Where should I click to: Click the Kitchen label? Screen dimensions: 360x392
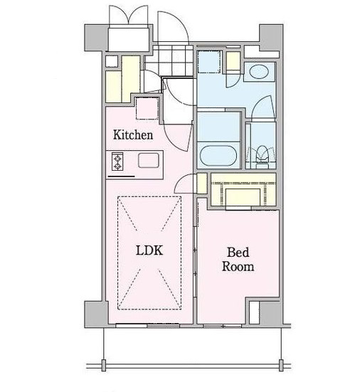coord(133,134)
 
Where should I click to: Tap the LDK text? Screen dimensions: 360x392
coord(149,250)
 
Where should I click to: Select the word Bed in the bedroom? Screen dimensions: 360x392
coord(238,253)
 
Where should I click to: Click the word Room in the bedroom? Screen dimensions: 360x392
coord(238,267)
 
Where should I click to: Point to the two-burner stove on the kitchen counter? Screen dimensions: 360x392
coord(117,161)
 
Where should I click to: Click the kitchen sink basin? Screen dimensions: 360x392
coord(149,160)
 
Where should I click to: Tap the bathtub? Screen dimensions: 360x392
coord(218,156)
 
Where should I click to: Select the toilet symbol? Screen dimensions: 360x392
coord(262,155)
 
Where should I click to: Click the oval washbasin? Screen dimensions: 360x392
coord(259,72)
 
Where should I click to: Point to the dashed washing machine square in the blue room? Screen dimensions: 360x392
coord(209,61)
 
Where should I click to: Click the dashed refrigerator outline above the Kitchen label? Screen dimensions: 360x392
coord(147,109)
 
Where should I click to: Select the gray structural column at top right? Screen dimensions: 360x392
coord(271,37)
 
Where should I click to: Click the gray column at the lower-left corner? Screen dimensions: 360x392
coord(97,314)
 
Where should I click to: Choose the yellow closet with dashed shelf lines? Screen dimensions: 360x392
coord(243,189)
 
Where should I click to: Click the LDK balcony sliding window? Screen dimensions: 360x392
coord(147,325)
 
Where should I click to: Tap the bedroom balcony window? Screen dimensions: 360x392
coord(222,326)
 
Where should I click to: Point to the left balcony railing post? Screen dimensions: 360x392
coord(103,365)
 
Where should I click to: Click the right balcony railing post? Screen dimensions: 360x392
coord(281,365)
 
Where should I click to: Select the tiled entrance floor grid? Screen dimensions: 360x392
coord(169,60)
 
